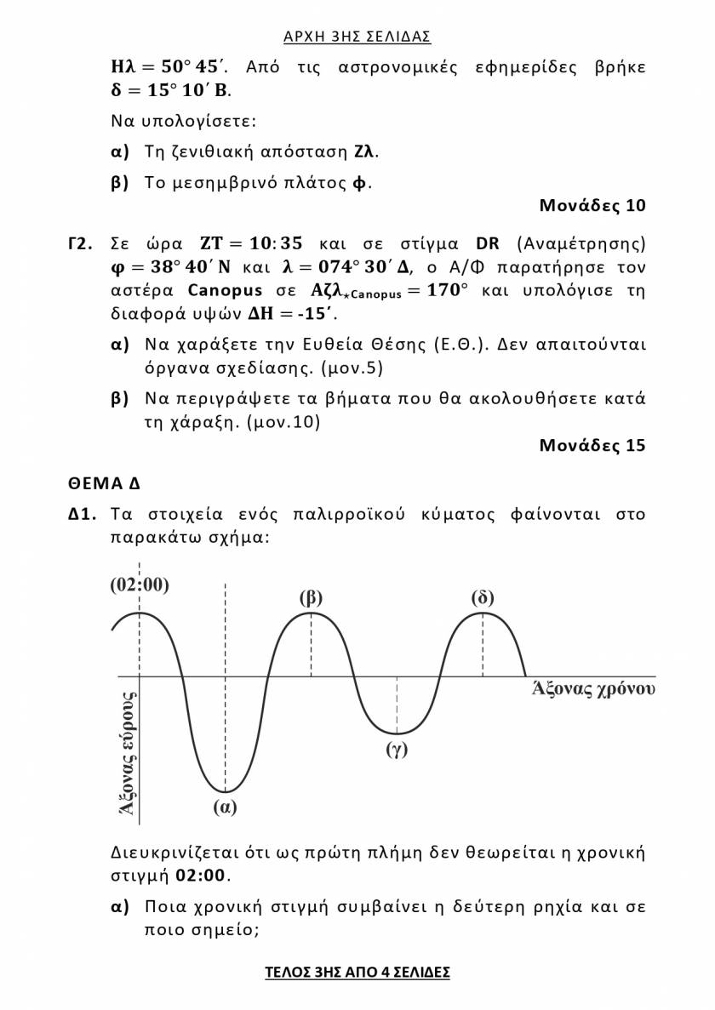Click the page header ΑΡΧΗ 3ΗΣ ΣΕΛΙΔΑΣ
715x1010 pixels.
[x=357, y=37]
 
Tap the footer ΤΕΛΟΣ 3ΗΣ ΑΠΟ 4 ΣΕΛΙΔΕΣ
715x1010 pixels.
[x=357, y=972]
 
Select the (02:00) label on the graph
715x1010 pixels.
[x=140, y=585]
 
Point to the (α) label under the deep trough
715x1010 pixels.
[x=225, y=807]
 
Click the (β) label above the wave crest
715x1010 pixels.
[x=311, y=597]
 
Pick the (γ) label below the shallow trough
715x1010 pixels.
[x=397, y=750]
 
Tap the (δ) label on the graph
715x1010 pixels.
[x=483, y=597]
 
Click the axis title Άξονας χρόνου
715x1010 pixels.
[x=592, y=688]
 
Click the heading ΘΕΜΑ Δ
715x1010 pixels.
[x=105, y=484]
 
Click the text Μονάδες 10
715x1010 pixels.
[x=592, y=205]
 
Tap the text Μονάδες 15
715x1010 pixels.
[x=592, y=445]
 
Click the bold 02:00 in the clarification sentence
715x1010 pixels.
[x=201, y=876]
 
